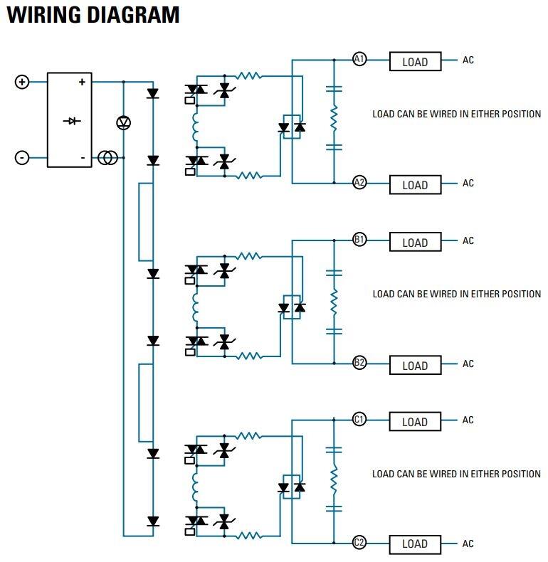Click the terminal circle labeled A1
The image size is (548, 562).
point(359,60)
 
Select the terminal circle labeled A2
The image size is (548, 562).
point(359,183)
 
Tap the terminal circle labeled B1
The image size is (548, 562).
point(359,240)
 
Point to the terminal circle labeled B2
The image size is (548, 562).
point(359,363)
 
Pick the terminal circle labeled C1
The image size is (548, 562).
point(359,420)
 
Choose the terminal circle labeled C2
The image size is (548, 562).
point(359,543)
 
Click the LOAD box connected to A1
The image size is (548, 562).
point(415,62)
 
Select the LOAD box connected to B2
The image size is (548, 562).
point(415,365)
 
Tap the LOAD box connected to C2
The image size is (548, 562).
point(415,544)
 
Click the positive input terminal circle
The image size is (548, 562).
point(22,82)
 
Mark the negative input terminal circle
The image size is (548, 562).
point(22,157)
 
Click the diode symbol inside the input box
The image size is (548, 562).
point(70,121)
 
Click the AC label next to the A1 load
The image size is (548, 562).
point(468,60)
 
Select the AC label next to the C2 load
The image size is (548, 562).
point(468,544)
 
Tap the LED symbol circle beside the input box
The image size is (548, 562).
point(123,122)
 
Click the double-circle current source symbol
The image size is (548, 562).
point(107,157)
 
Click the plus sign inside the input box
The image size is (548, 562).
point(82,82)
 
